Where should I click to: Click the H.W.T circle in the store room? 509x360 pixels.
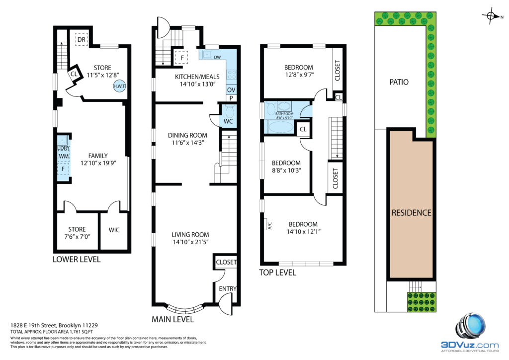point(119,86)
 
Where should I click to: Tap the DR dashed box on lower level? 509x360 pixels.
point(82,40)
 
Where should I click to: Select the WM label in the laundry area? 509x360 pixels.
point(64,157)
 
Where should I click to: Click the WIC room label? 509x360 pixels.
point(114,230)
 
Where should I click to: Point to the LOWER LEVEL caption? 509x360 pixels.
point(77,260)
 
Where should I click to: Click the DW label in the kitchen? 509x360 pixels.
point(218,58)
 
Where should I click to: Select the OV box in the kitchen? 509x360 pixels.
point(231,90)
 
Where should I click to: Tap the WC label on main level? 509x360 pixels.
point(228,121)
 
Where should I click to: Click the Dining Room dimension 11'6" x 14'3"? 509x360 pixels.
point(187,143)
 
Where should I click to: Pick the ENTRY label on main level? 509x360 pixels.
point(228,288)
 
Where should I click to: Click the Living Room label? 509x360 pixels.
point(190,234)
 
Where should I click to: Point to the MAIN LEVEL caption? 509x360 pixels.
point(172,319)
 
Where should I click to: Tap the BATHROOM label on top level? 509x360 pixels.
point(284,114)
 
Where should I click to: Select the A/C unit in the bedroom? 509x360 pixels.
point(269,225)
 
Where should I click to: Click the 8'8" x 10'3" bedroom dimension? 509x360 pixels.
point(286,171)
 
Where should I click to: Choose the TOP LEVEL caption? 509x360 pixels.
point(277,272)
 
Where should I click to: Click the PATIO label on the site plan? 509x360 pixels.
point(399,82)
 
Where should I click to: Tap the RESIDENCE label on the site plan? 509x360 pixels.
point(411,213)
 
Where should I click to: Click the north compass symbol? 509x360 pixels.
point(492,16)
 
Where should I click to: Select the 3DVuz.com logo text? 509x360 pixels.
point(470,345)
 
